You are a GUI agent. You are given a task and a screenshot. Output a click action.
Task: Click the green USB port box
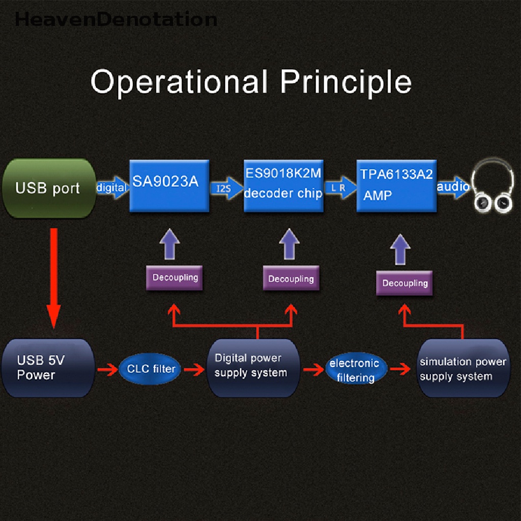49,189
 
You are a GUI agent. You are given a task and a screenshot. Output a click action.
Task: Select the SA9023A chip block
169,186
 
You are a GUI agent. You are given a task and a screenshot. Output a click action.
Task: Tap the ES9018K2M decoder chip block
283,186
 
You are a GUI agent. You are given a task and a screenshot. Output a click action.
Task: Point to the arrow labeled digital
112,187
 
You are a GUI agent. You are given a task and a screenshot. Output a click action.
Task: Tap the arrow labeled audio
453,187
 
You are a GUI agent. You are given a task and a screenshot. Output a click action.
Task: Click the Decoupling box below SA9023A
175,278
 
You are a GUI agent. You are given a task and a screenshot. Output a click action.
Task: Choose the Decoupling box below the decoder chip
291,279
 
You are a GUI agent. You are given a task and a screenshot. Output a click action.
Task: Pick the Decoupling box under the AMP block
404,283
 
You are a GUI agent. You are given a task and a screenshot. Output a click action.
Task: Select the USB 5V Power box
48,368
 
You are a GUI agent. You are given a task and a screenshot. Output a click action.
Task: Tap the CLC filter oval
151,369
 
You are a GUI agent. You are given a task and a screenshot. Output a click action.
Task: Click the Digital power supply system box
252,366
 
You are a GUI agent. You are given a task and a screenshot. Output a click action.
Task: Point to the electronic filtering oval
355,370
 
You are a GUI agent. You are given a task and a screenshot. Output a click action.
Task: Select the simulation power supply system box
462,369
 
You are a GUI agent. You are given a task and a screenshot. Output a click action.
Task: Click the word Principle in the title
346,81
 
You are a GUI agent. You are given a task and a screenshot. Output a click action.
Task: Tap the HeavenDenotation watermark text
116,19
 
